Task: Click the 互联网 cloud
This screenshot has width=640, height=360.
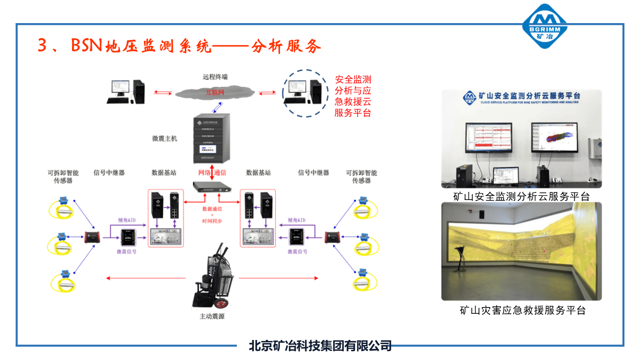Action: [215, 92]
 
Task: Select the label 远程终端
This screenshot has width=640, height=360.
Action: [215, 77]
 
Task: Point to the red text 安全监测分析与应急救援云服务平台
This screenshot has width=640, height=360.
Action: [353, 96]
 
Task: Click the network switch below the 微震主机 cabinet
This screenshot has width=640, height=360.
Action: [212, 187]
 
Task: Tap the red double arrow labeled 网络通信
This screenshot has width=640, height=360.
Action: [212, 173]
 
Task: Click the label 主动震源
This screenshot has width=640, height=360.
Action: [212, 317]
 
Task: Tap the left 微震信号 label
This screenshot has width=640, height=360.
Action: [126, 252]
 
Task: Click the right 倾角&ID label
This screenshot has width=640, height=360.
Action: [296, 220]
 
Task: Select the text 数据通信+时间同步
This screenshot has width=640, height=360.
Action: [212, 215]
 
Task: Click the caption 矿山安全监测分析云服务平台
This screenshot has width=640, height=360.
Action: [521, 196]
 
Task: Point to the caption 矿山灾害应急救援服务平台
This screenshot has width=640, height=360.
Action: [523, 310]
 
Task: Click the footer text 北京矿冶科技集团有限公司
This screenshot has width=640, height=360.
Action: [320, 345]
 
